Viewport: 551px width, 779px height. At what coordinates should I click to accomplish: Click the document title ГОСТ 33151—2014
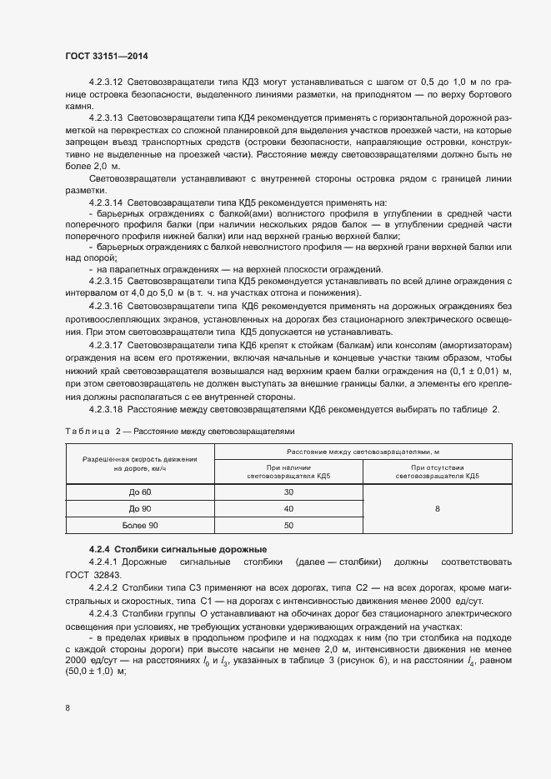(107, 55)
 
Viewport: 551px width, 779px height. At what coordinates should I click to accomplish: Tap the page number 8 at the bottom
(68, 708)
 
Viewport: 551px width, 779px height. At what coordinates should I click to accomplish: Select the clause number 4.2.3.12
(106, 82)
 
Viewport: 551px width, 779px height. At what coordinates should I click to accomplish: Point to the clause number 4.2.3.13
(106, 118)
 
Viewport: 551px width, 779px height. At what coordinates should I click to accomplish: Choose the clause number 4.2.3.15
(106, 281)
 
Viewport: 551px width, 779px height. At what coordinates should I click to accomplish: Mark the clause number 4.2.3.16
(106, 307)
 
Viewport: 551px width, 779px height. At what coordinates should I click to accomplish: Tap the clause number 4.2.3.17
(106, 344)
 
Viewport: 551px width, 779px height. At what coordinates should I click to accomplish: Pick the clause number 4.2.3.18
(106, 409)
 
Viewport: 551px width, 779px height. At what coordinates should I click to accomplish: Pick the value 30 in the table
(288, 492)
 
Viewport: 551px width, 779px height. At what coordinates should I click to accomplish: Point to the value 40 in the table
(288, 508)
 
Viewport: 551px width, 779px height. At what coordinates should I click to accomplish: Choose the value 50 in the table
(288, 525)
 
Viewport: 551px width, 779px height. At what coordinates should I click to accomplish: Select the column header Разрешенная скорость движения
(140, 459)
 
